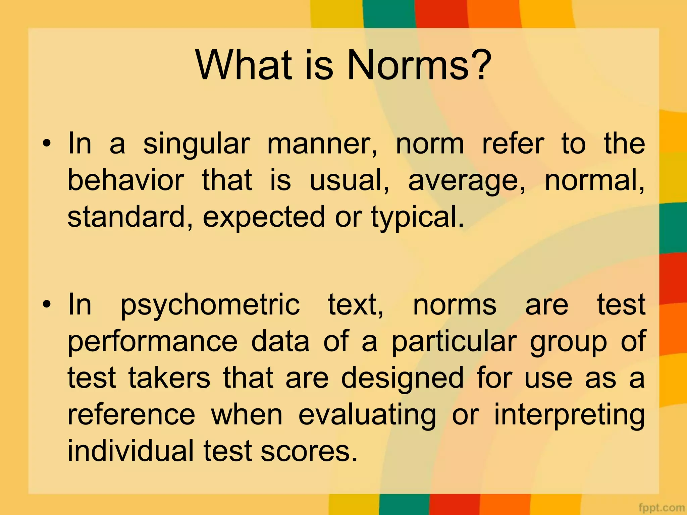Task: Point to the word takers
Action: [169, 378]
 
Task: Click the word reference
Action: [131, 415]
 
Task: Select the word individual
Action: [131, 451]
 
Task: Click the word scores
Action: [309, 452]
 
